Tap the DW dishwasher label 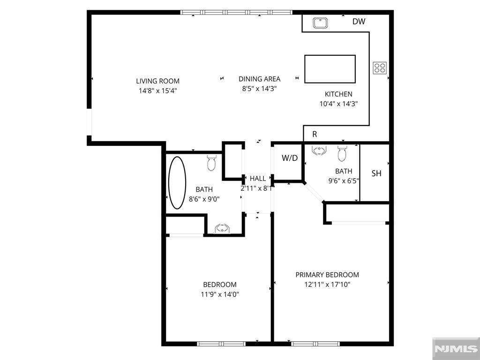tap(359, 22)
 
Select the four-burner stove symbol tap(380, 68)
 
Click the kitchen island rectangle tap(330, 69)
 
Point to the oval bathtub tap(177, 183)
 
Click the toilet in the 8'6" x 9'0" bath tap(211, 163)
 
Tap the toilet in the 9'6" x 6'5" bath tap(342, 153)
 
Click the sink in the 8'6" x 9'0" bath tap(221, 228)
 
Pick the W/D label tap(290, 158)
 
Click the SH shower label tap(376, 173)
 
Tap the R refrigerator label tap(315, 135)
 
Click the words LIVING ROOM tap(157, 81)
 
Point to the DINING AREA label tap(259, 79)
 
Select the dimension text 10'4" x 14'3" tap(338, 104)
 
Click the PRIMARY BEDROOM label tap(327, 275)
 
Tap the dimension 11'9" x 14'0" tap(219, 294)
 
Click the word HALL tap(258, 179)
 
